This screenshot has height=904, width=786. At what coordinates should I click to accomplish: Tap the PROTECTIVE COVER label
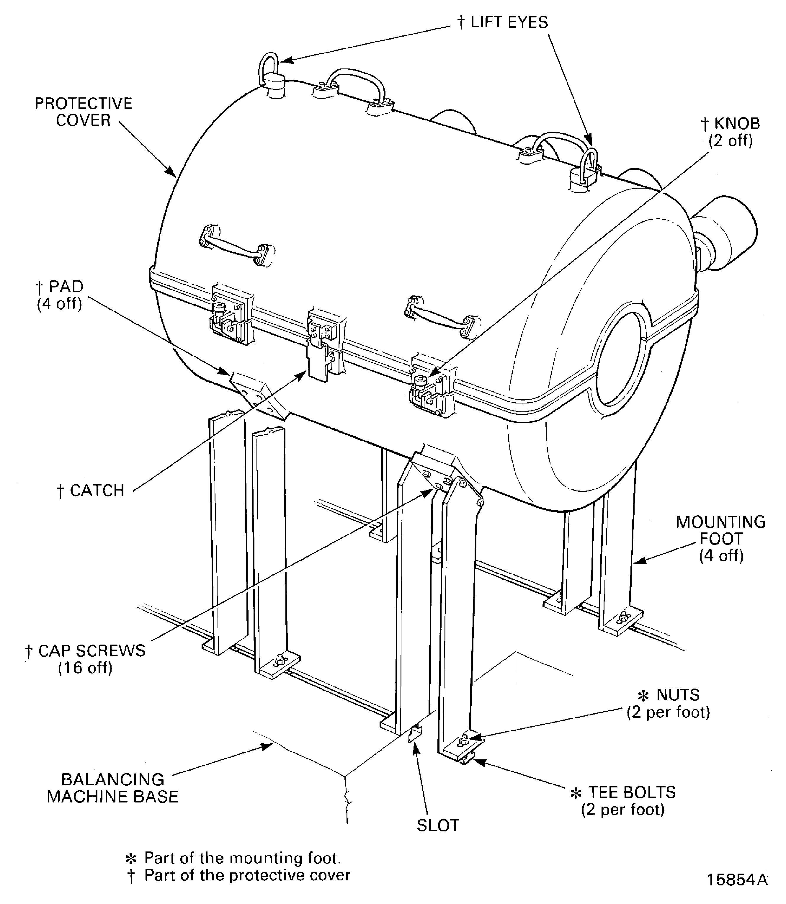pyautogui.click(x=83, y=112)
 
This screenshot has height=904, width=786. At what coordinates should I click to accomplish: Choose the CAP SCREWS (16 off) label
pyautogui.click(x=86, y=659)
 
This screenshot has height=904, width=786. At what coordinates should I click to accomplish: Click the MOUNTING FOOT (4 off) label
pyautogui.click(x=721, y=539)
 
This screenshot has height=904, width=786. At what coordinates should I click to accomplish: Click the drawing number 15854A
pyautogui.click(x=737, y=880)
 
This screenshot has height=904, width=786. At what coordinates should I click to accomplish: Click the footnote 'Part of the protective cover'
pyautogui.click(x=247, y=875)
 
